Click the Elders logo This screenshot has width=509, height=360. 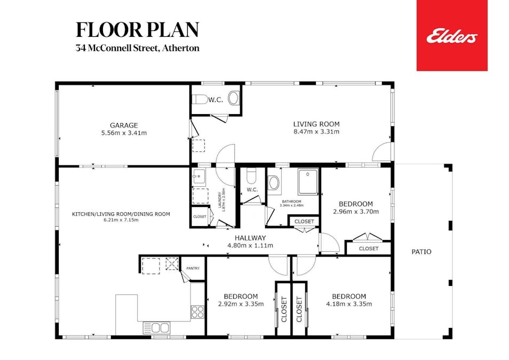pyautogui.click(x=451, y=36)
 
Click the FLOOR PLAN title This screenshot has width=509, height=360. pyautogui.click(x=137, y=30)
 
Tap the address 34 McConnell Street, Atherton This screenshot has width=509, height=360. pyautogui.click(x=137, y=48)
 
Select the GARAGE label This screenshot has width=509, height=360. pyautogui.click(x=124, y=125)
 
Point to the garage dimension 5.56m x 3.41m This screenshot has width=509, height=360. pyautogui.click(x=124, y=133)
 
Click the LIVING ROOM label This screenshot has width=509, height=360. pyautogui.click(x=316, y=124)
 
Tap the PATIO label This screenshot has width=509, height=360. pyautogui.click(x=421, y=252)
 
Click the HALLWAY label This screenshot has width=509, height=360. pyautogui.click(x=250, y=238)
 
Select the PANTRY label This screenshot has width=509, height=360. pyautogui.click(x=193, y=268)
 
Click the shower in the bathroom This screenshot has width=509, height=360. pyautogui.click(x=308, y=182)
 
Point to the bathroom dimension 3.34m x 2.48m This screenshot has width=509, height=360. pyautogui.click(x=292, y=205)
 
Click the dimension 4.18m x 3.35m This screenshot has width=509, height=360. pyautogui.click(x=348, y=304)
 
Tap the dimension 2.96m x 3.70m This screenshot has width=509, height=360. pyautogui.click(x=355, y=211)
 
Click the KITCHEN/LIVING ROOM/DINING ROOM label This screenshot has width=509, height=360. pyautogui.click(x=121, y=214)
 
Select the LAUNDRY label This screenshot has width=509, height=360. pyautogui.click(x=219, y=199)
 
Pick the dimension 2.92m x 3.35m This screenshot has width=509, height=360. pyautogui.click(x=241, y=304)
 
